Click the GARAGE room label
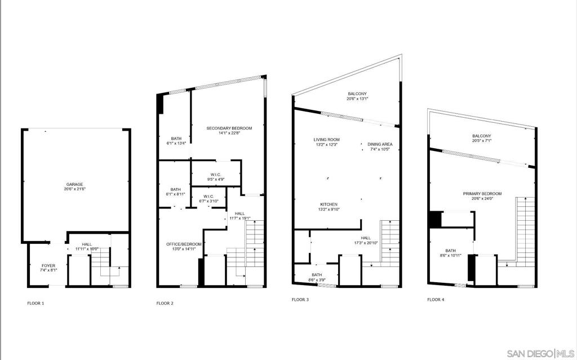point(75,184)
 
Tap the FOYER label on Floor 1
point(48,265)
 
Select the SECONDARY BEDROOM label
point(229,128)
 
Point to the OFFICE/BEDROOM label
point(184,244)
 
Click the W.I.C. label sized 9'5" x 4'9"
point(216,175)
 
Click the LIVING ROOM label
point(326,140)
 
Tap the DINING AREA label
point(380,144)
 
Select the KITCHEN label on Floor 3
point(329,205)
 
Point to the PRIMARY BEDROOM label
point(482,194)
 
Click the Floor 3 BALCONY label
point(357,94)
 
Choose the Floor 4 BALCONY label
point(482,136)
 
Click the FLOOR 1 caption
point(35,303)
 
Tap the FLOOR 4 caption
point(436,300)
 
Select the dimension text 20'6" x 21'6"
point(75,189)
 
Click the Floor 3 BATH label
point(317,274)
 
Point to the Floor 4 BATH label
point(450,250)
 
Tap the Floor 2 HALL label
point(239,214)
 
